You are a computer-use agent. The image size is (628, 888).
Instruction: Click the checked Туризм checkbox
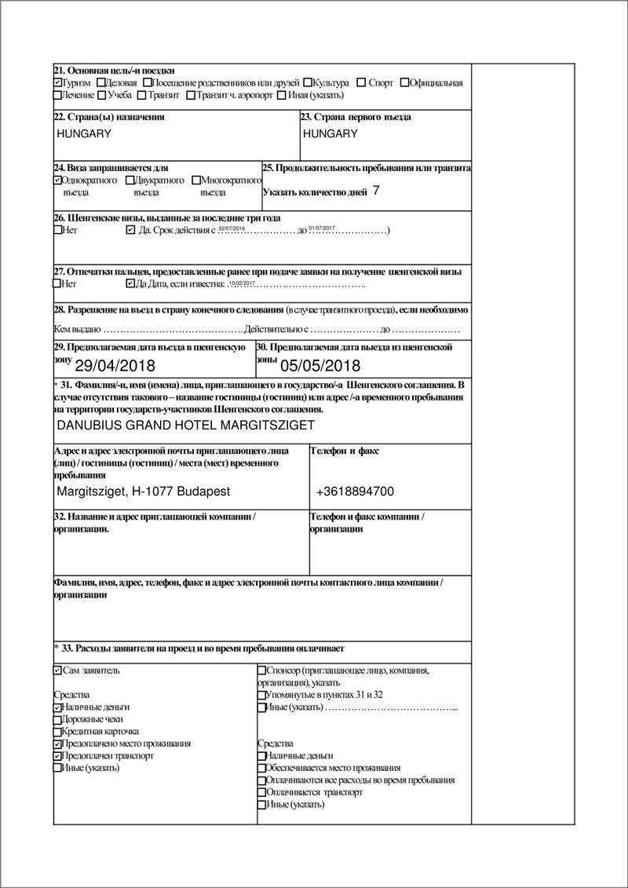58,83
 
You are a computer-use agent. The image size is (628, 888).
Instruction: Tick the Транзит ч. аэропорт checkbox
191,96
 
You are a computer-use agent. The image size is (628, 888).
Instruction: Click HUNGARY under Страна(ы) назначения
84,133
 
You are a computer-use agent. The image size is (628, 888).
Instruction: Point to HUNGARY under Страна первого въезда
330,133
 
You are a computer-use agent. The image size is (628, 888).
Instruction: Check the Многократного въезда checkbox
195,181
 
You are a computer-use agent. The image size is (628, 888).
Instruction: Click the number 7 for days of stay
377,190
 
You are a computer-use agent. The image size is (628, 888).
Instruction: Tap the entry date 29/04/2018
115,366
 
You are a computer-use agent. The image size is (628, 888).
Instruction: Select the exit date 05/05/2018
320,366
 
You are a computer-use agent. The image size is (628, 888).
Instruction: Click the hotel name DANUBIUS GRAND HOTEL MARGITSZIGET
186,426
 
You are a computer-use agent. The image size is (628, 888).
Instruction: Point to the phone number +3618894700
355,492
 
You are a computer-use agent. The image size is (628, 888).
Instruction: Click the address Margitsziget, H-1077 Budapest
144,492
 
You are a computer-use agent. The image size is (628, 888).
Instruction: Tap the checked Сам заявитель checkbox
58,671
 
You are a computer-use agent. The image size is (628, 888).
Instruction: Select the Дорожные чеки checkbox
58,719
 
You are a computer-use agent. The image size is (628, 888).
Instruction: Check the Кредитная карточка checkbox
58,732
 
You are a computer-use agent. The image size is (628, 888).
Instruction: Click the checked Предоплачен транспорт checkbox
58,756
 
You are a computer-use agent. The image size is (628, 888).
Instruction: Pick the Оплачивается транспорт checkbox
262,793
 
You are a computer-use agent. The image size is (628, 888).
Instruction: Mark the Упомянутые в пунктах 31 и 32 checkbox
262,696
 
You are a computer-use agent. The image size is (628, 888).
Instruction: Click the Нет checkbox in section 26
58,231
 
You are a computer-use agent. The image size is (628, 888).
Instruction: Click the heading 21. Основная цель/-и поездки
114,71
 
